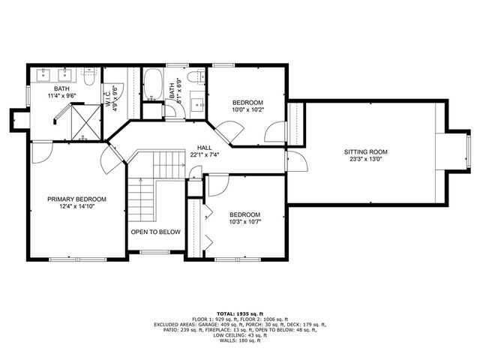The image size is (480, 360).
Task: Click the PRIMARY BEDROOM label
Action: coord(76,199)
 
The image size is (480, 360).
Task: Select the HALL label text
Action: coord(205,148)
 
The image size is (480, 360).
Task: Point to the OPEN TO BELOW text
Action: coord(156,232)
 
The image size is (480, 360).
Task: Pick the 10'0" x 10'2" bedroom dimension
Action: coord(247,109)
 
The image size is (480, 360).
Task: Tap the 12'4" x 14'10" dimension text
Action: coord(76,207)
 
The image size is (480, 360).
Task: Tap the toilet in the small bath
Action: coord(193,77)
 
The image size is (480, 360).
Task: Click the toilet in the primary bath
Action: coord(88,75)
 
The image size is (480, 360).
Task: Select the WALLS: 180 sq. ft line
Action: coord(240,341)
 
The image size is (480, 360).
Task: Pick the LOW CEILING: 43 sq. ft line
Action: coord(240,334)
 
